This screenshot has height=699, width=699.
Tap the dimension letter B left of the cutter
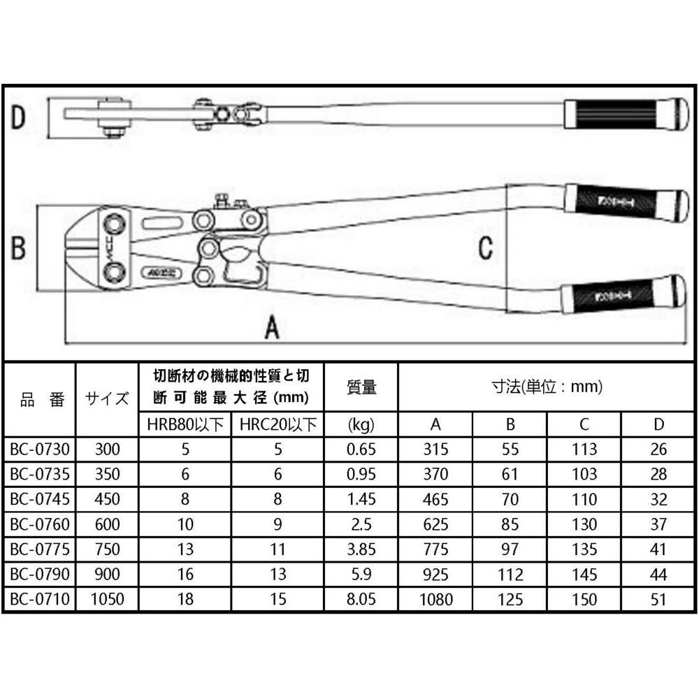20,247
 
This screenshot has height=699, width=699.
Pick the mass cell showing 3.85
361,549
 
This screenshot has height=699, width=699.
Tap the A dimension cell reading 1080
436,599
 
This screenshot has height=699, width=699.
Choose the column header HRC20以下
278,424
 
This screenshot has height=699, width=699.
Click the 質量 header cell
361,387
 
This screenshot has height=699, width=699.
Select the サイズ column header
107,399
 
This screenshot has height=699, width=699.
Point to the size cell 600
107,524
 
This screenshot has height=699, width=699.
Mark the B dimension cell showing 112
510,575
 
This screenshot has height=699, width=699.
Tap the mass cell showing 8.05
361,599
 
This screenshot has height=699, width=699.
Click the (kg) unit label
361,424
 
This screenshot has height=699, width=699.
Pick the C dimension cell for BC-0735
584,475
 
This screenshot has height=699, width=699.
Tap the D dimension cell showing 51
658,599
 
